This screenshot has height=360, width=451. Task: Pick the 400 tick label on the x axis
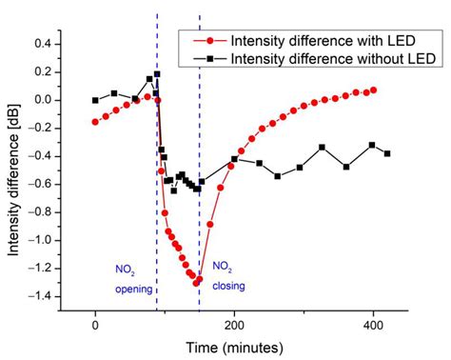coord(373,324)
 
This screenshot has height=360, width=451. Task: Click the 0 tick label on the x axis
coord(95,324)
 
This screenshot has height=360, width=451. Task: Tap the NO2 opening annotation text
coord(132,276)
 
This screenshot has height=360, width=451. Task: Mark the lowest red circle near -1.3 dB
coord(197,282)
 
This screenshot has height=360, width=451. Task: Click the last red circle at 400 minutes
coord(374,90)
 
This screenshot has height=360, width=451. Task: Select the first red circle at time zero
coord(95,121)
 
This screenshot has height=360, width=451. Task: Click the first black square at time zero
coord(95,100)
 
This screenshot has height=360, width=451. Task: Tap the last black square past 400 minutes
coord(387,153)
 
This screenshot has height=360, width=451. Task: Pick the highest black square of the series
coord(150,79)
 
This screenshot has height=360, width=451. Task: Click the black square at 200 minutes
coord(234,159)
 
